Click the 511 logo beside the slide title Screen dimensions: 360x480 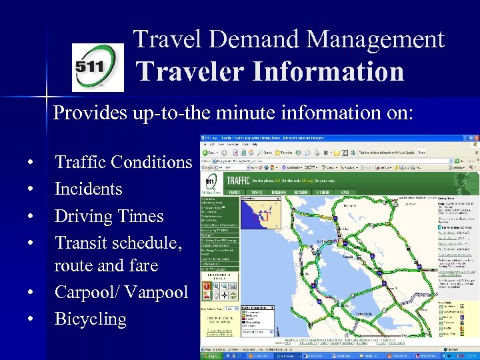pos(97,67)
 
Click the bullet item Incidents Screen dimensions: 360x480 pos(88,189)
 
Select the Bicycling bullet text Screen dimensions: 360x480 pos(90,319)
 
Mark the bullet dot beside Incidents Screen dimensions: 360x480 pos(31,189)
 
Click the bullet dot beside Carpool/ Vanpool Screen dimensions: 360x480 pos(31,293)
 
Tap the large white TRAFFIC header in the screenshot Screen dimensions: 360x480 pos(239,180)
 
